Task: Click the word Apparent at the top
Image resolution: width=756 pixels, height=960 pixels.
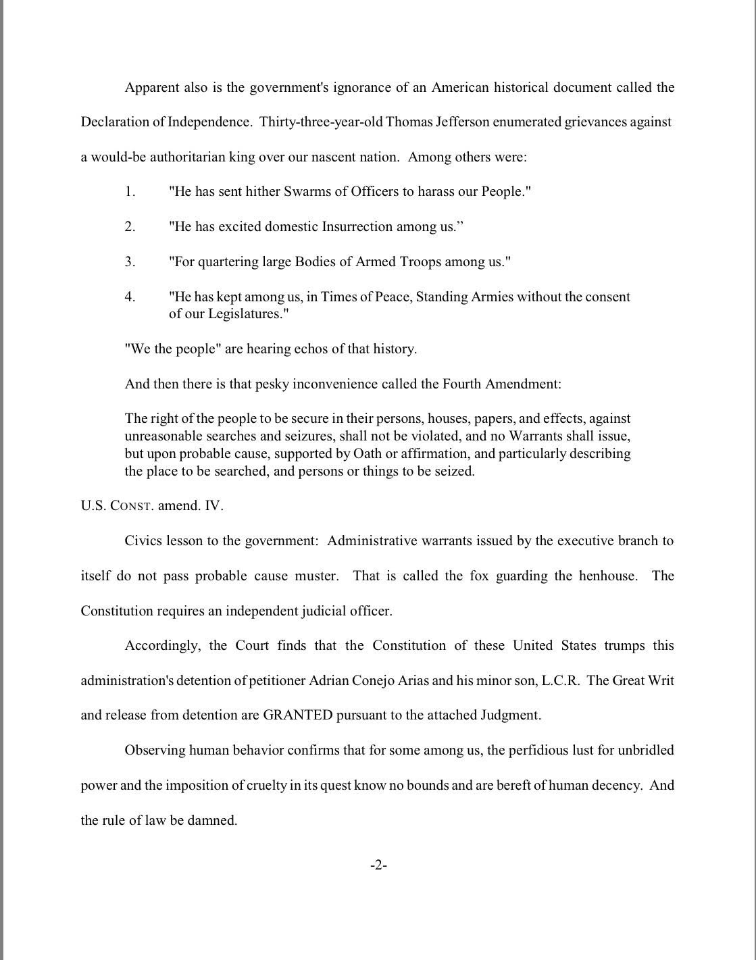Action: pos(152,87)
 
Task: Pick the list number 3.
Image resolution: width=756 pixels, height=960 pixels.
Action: pos(130,262)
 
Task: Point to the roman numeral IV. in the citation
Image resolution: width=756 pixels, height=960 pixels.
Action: pos(213,506)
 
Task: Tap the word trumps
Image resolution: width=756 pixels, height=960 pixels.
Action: pos(624,645)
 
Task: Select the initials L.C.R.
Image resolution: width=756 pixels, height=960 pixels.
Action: pos(561,680)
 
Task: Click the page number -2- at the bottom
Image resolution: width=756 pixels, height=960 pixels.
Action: pos(378,865)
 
